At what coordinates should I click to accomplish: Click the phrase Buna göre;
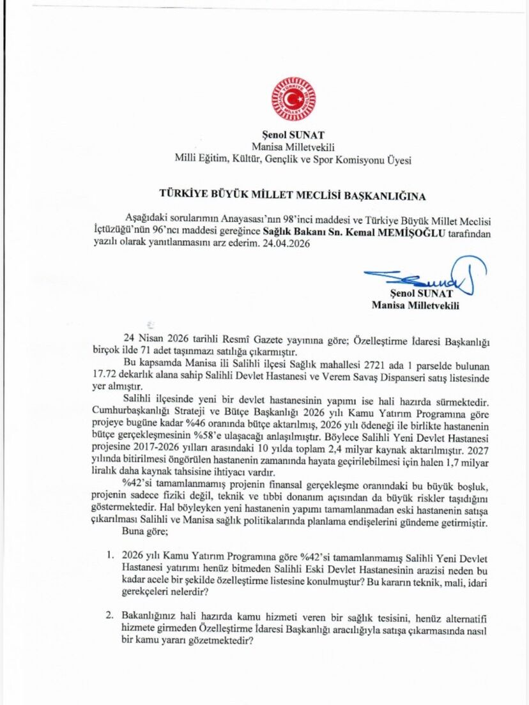[147, 531]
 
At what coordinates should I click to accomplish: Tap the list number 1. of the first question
[109, 558]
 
